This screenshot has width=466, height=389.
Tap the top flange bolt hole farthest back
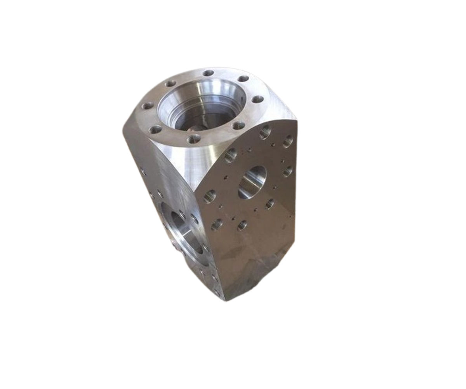[209, 73]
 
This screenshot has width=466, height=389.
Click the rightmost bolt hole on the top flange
[257, 99]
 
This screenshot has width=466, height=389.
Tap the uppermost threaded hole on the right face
[266, 132]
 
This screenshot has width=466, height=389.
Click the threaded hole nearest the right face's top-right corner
[288, 141]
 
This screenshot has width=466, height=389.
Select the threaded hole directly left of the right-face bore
[231, 156]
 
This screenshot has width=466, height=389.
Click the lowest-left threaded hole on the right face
[217, 224]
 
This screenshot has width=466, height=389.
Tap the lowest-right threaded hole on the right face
[242, 225]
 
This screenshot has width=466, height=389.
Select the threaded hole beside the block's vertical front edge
[210, 196]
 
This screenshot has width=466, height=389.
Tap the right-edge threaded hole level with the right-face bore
[288, 171]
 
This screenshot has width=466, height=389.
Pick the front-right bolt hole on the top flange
[239, 126]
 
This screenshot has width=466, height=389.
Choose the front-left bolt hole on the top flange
[156, 130]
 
